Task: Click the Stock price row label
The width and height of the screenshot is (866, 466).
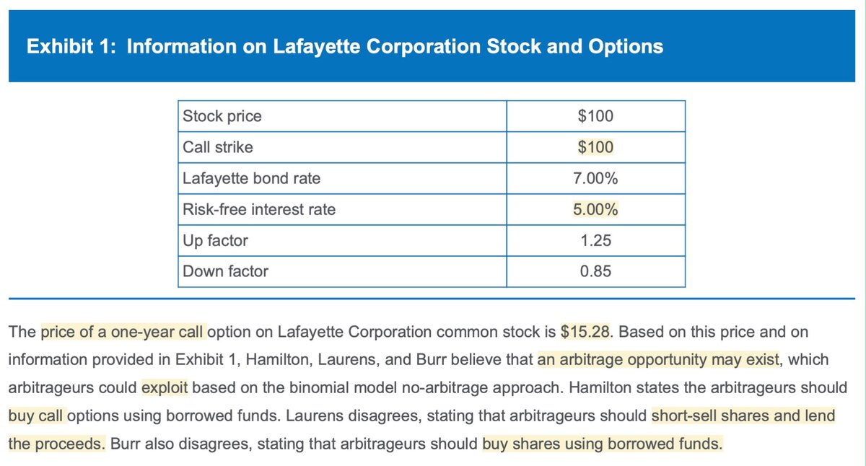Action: (222, 116)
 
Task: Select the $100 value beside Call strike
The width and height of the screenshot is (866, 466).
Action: (595, 148)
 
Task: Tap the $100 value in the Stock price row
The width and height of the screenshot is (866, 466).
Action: (595, 116)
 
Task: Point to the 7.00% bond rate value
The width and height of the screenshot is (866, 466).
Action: (595, 179)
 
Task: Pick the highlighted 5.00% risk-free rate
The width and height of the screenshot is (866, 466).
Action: (595, 210)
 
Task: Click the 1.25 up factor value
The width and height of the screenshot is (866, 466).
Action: (595, 241)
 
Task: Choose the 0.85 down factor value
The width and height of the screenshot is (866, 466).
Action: (595, 272)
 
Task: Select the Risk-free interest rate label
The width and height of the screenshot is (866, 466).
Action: (259, 210)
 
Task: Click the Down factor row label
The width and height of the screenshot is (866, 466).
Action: (225, 272)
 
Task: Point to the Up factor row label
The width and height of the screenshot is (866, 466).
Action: (215, 241)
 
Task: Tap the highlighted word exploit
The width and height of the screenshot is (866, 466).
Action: (165, 387)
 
